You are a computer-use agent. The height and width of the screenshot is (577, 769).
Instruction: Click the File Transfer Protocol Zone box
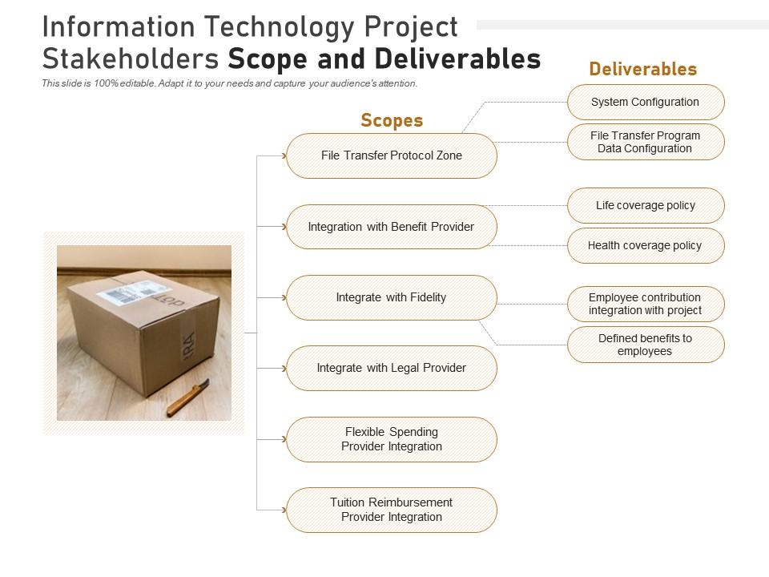(x=391, y=155)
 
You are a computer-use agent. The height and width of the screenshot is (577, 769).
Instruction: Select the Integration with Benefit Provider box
(x=391, y=227)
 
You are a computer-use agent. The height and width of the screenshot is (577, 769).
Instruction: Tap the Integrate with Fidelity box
(x=391, y=297)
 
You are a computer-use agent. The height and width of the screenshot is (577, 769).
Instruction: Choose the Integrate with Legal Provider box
(x=391, y=368)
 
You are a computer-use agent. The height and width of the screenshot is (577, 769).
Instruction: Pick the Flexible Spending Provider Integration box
(x=391, y=439)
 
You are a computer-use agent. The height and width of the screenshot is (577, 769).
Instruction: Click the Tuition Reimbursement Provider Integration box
(x=391, y=510)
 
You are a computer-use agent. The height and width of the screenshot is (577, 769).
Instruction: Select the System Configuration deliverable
(x=645, y=102)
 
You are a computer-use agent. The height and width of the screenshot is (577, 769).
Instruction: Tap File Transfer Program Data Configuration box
(x=645, y=142)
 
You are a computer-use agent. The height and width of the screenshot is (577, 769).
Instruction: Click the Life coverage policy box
(x=645, y=205)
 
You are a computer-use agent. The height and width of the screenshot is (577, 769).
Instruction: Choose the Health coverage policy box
(x=645, y=245)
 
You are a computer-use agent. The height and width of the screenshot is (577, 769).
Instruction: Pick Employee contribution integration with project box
(x=645, y=304)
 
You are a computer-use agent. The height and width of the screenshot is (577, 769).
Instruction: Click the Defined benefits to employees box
(x=645, y=345)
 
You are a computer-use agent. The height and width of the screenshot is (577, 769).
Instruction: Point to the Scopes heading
(x=391, y=121)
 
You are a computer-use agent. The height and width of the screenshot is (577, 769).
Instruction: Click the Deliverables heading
(x=642, y=69)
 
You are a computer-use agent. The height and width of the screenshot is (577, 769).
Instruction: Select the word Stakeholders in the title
(x=132, y=59)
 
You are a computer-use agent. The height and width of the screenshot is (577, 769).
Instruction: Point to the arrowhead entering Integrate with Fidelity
(x=284, y=297)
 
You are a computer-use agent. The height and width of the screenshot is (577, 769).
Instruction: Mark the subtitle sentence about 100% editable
(x=229, y=83)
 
